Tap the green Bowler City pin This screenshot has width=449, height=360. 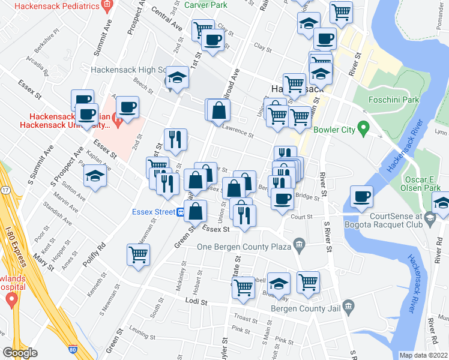tap(363, 127)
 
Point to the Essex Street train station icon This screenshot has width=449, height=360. tap(180, 211)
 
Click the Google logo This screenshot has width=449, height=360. tap(20, 353)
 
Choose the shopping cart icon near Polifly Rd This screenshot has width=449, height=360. tap(138, 254)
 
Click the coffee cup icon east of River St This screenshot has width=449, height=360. tap(361, 196)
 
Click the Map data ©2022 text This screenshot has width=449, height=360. tap(424, 355)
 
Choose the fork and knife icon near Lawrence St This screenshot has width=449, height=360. tap(175, 139)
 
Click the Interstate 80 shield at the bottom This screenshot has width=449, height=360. tap(72, 348)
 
